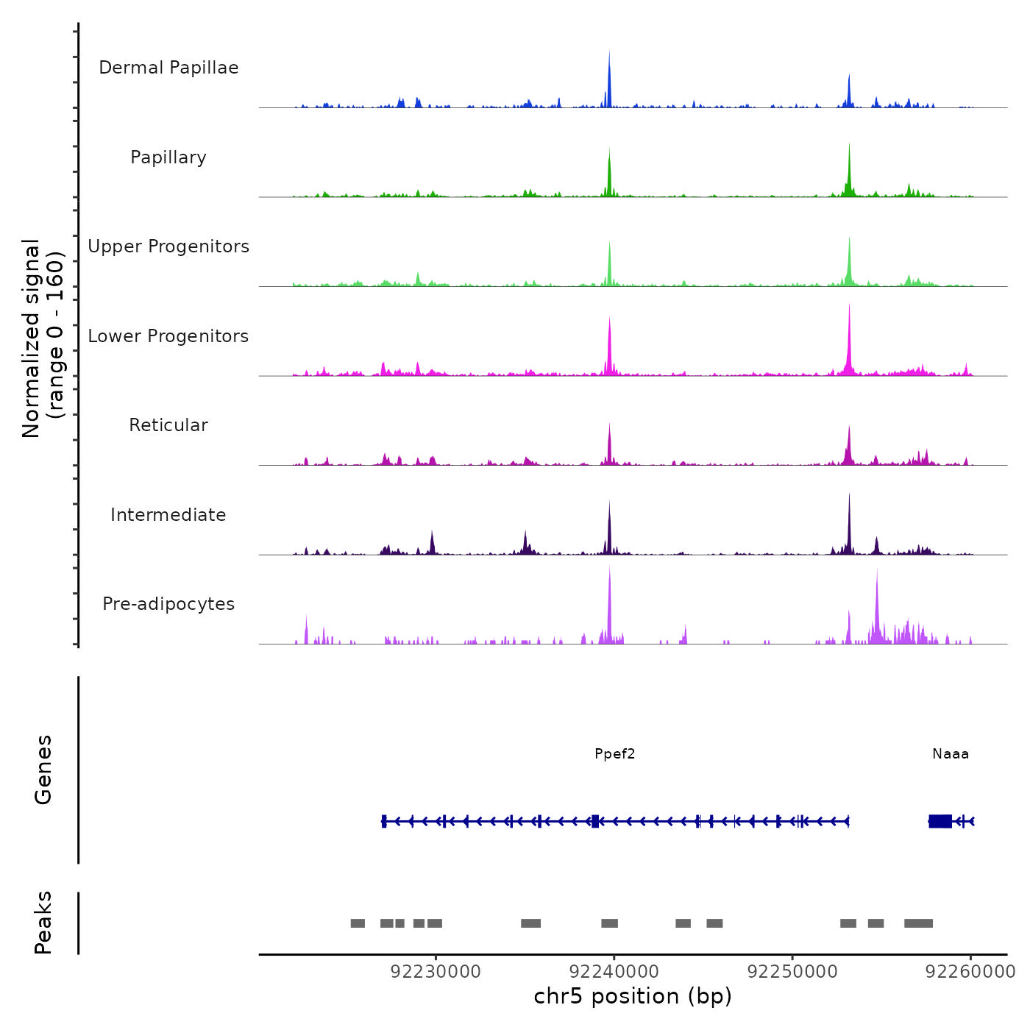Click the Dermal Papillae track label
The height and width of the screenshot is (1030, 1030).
pyautogui.click(x=168, y=68)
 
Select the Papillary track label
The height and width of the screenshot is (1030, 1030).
pyautogui.click(x=168, y=157)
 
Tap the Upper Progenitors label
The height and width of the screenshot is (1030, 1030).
pyautogui.click(x=168, y=246)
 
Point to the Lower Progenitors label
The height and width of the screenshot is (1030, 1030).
pyautogui.click(x=168, y=336)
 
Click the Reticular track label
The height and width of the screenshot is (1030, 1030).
pyautogui.click(x=168, y=425)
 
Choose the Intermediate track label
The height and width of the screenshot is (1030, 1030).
pyautogui.click(x=168, y=515)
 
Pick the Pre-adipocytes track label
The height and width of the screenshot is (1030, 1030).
pyautogui.click(x=168, y=604)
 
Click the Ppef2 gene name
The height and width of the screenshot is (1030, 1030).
pyautogui.click(x=614, y=753)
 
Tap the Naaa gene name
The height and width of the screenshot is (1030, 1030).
pyautogui.click(x=951, y=753)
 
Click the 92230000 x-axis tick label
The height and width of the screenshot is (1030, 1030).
pyautogui.click(x=436, y=971)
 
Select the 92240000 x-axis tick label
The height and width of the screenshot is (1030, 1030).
pyautogui.click(x=614, y=971)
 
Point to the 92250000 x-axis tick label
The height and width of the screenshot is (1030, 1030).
pyautogui.click(x=792, y=971)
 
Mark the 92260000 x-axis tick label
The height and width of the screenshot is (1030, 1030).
pyautogui.click(x=970, y=971)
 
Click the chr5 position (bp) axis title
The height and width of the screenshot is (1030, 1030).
pyautogui.click(x=633, y=996)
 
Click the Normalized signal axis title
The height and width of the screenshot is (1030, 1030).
pyautogui.click(x=43, y=338)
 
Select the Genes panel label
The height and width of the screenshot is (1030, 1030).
pyautogui.click(x=43, y=770)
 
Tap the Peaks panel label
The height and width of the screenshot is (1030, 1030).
pyautogui.click(x=43, y=923)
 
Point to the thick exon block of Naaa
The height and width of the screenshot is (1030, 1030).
pyautogui.click(x=940, y=821)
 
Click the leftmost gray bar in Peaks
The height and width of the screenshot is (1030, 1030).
pyautogui.click(x=358, y=923)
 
